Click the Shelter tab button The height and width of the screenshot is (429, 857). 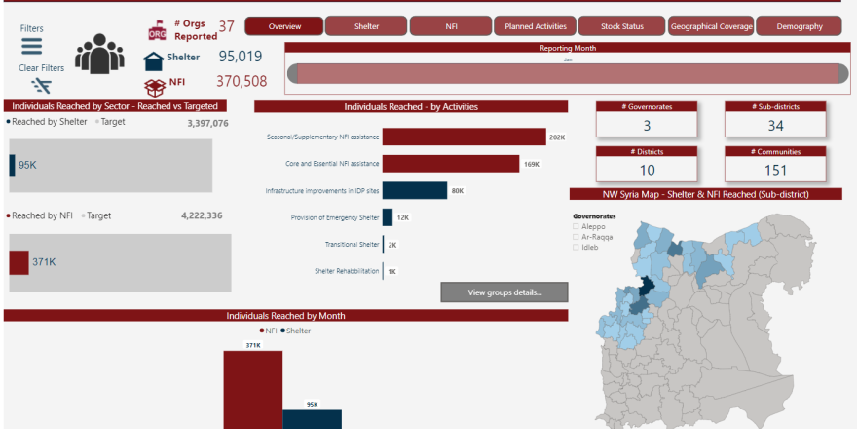[x=366, y=26]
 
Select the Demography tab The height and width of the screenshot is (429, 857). [x=799, y=26]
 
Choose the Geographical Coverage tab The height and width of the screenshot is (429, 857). [x=711, y=26]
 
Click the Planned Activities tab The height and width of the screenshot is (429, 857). [x=535, y=26]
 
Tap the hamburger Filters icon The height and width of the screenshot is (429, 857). [x=32, y=47]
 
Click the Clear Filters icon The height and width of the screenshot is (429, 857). [x=41, y=85]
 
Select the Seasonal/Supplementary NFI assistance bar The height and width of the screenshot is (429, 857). [x=463, y=137]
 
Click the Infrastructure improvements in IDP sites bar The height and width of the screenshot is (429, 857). [x=415, y=190]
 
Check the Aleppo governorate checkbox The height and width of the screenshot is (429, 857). [x=577, y=226]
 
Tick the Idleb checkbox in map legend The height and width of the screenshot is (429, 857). [x=577, y=247]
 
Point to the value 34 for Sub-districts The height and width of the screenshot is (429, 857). [x=775, y=126]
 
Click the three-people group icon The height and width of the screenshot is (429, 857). [x=99, y=55]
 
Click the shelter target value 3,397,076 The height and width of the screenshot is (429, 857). [x=207, y=124]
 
